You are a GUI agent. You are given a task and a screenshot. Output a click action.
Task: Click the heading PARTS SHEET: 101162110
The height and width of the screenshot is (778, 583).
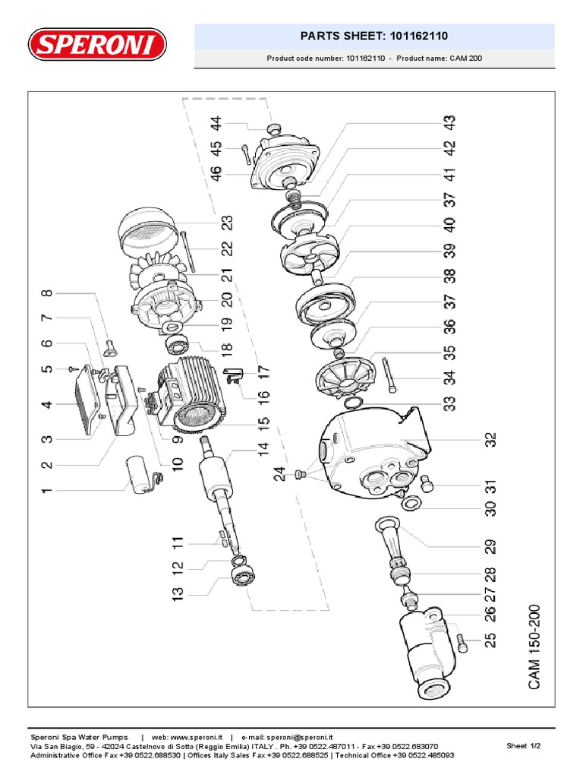[x=374, y=36]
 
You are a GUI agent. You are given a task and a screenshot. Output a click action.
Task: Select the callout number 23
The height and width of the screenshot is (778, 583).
[x=227, y=223]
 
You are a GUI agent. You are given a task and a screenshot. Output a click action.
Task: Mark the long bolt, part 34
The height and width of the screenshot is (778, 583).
[x=389, y=375]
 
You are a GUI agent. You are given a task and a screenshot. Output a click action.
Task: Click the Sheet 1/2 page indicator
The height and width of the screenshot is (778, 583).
[x=523, y=746]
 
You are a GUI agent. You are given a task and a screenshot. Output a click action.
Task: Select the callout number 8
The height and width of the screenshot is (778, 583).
[x=47, y=293]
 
